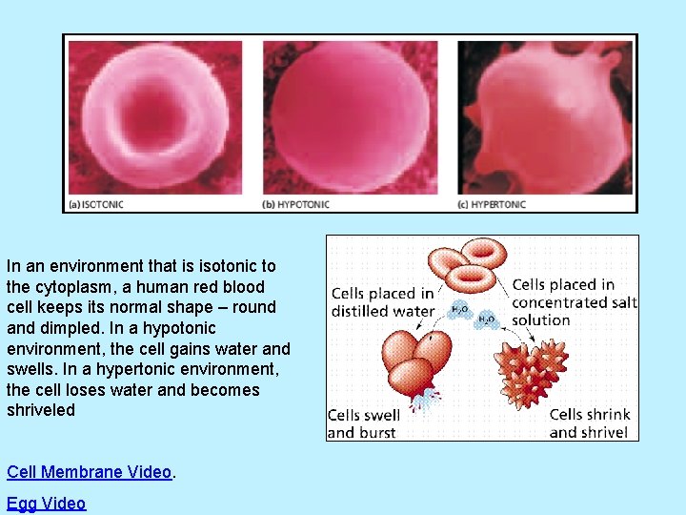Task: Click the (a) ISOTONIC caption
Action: click(x=96, y=204)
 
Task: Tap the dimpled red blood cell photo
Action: click(x=155, y=116)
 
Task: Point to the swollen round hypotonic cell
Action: click(x=350, y=116)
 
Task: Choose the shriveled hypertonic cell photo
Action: click(x=545, y=116)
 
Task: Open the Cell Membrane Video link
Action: click(x=90, y=472)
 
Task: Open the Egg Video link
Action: click(x=46, y=504)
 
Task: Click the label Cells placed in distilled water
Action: click(x=382, y=302)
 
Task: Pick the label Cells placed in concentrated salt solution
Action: click(x=574, y=302)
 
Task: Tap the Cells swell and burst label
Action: click(x=363, y=423)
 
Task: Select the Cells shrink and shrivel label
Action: click(x=589, y=423)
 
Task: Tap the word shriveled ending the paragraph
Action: click(x=40, y=410)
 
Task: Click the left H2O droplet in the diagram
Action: click(x=459, y=309)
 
